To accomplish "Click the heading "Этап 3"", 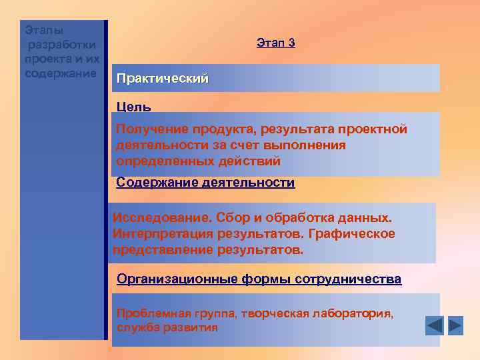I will tap(275, 43).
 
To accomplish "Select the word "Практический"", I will tap(162, 79).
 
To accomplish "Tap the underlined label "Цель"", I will tap(133, 107).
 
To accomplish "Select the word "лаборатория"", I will tap(354, 314).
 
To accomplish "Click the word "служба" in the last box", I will tap(135, 328).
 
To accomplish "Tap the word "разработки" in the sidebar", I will tap(62, 45).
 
